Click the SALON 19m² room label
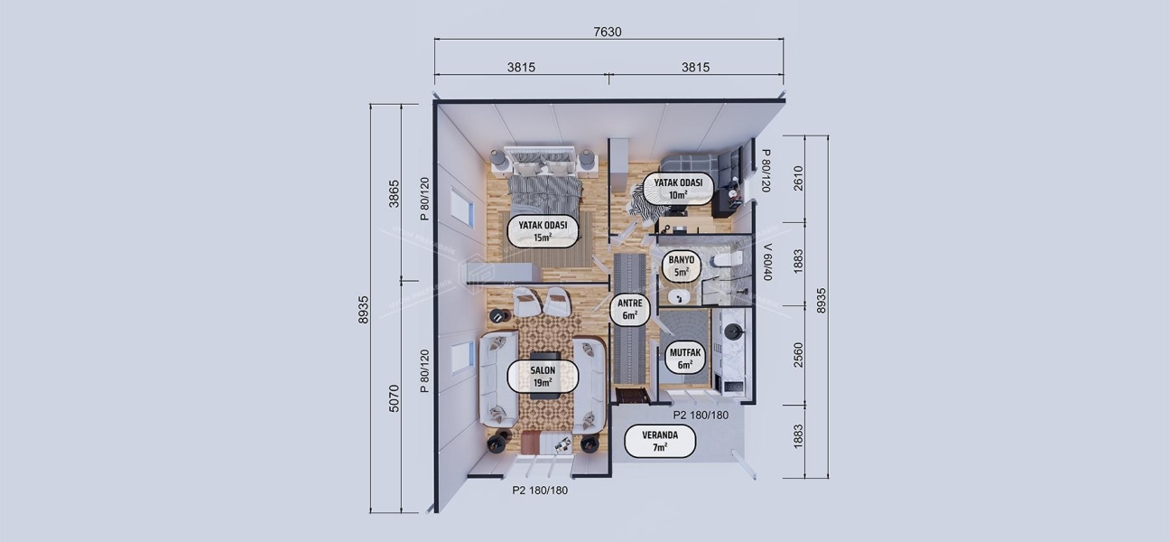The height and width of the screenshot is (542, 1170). tap(542, 377)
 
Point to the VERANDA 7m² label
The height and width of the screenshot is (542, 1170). tap(660, 441)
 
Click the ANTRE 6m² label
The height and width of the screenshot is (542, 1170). tap(629, 310)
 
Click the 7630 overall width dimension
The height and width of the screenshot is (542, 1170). tap(608, 32)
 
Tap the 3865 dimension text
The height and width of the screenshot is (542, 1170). tap(394, 192)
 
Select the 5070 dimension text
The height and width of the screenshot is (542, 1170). tap(394, 397)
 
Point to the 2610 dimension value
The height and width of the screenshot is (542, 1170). tap(797, 179)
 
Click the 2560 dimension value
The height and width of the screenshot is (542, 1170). tap(797, 355)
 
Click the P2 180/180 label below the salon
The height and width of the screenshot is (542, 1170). tap(540, 491)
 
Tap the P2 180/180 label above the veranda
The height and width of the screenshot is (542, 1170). tap(701, 416)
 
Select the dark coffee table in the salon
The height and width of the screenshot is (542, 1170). tap(543, 359)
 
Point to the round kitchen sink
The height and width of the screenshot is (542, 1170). tap(732, 332)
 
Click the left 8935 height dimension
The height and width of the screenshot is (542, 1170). tap(364, 309)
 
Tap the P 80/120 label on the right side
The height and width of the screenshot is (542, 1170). tap(766, 171)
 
